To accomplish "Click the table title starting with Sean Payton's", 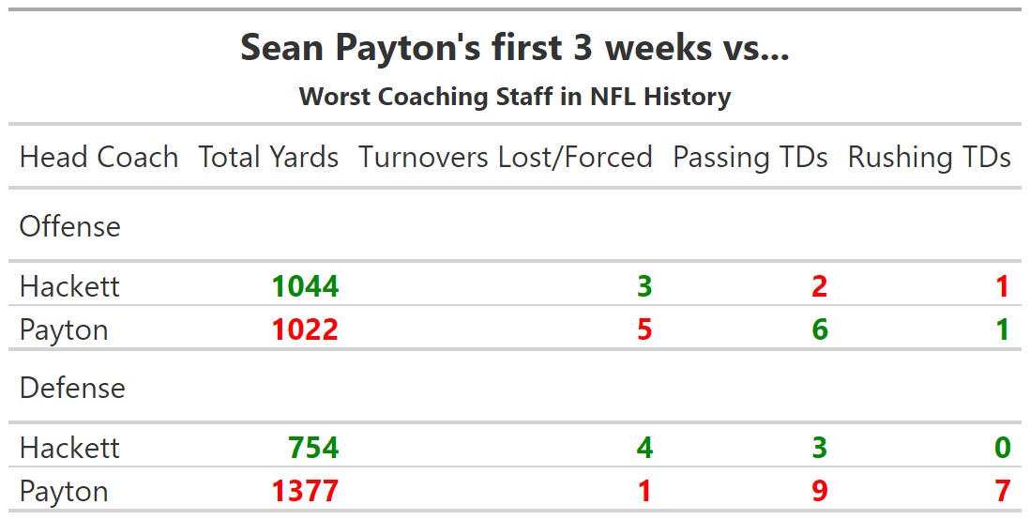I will coord(514,48).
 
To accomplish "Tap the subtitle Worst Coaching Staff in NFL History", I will coord(514,97).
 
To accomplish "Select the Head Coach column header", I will coord(98,157).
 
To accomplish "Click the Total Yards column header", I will coord(268,157).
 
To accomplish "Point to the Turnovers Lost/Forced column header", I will coord(505,157).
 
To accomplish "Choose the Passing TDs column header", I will coord(750,157).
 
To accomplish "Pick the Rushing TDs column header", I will coord(929,157).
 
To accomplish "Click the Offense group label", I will coord(70,226).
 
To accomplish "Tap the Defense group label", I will coord(72,388).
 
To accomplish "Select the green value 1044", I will coord(305,286).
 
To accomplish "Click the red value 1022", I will coord(305,330).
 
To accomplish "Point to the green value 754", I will coord(313,448).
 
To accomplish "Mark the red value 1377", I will coord(305,492).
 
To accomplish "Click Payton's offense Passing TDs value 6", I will coord(819,330).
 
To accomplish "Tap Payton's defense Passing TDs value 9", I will coord(819,492).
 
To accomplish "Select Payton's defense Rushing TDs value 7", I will coord(1002,492).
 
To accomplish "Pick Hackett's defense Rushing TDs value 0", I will coord(1002,448).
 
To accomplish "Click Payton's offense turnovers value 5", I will coord(644,330).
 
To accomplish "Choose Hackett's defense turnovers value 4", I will coord(644,448).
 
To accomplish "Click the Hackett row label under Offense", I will coord(69,286).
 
